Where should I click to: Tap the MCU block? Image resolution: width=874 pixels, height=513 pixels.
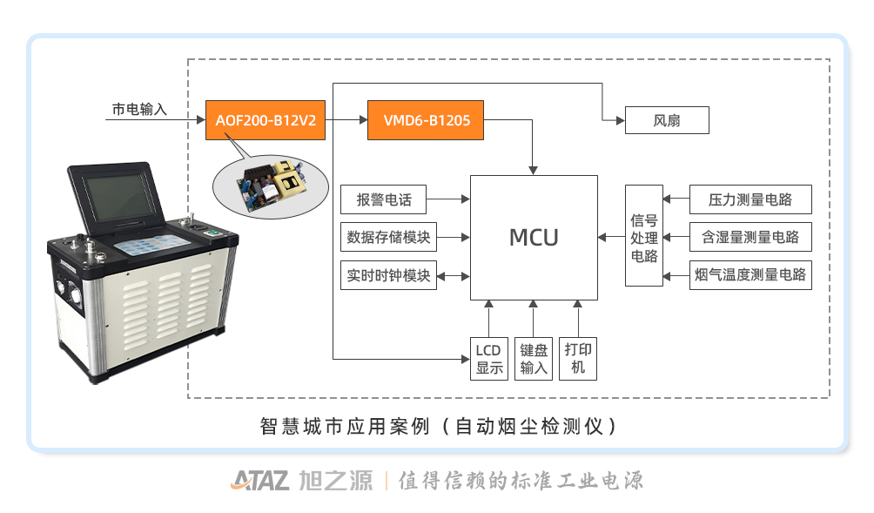tap(534, 237)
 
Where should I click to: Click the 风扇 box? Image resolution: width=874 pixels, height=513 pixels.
tap(667, 120)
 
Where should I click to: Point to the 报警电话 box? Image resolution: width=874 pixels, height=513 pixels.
tap(382, 199)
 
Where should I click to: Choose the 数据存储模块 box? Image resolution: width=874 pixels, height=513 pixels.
tap(388, 237)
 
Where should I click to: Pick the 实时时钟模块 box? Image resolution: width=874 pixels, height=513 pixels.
tap(388, 275)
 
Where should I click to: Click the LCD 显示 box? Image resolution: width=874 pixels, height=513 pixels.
tap(489, 358)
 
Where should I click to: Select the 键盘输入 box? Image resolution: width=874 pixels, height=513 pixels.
tap(534, 358)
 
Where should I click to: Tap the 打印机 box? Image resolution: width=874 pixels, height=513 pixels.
tap(578, 358)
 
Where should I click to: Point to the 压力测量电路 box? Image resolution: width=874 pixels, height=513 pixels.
tap(751, 199)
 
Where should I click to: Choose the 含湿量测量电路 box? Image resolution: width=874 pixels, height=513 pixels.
tap(751, 237)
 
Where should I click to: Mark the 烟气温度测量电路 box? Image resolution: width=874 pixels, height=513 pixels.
tap(751, 275)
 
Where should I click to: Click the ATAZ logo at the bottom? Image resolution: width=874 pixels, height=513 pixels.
tap(260, 481)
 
